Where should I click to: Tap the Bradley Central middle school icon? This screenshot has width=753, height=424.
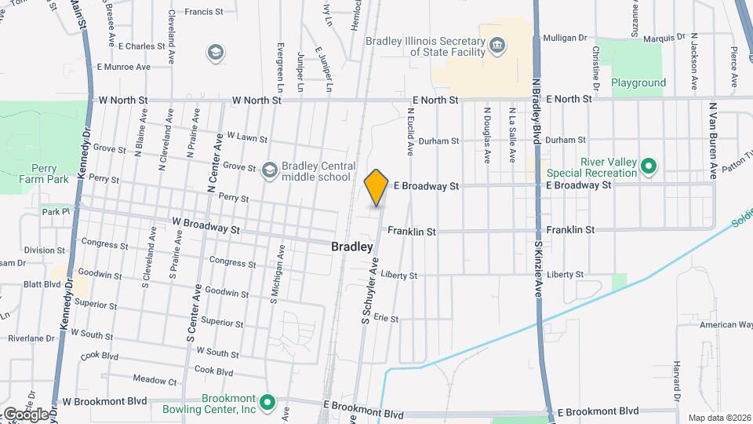pos(270,170)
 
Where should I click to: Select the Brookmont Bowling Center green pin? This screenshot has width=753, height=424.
pos(267,404)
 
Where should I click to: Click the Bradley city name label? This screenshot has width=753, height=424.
pos(351,247)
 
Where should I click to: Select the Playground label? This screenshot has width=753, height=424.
pos(638,82)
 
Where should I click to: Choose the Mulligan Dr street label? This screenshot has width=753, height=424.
pos(565,37)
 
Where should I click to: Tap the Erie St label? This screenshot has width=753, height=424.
pos(386,319)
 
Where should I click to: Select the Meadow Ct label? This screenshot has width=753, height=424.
pos(155,381)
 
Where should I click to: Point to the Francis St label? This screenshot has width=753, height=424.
pos(205,12)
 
